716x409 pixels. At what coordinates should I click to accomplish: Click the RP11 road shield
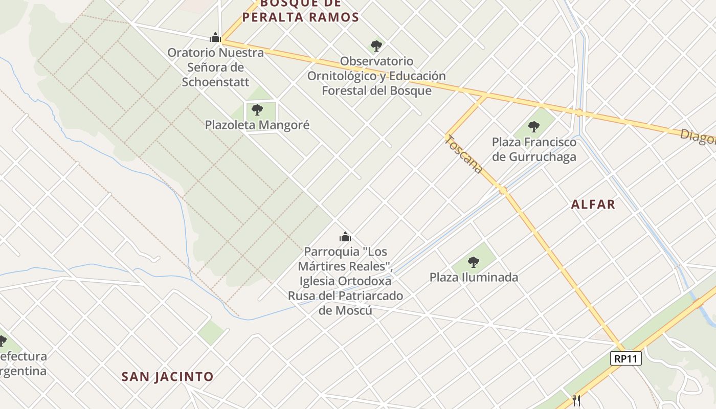point(626,358)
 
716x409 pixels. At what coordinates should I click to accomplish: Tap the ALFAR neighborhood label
point(593,204)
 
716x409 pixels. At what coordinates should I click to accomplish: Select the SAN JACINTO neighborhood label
point(167,377)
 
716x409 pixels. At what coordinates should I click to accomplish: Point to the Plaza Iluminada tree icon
point(474,262)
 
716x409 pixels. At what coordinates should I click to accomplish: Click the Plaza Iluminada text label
point(474,278)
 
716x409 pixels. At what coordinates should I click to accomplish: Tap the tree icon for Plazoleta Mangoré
point(257,109)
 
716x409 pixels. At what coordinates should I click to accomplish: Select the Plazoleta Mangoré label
point(257,125)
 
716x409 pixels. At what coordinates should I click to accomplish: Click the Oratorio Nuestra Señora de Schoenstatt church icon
point(215,37)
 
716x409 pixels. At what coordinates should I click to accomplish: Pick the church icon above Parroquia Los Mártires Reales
point(345,237)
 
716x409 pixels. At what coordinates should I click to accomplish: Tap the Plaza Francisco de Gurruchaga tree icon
point(533,127)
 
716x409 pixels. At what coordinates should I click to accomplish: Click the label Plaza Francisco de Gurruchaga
point(534,149)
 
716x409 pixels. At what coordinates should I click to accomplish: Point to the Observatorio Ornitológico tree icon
point(376,46)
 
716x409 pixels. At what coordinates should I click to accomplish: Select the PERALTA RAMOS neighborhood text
point(301,17)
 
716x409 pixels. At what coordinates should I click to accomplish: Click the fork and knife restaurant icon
point(576,400)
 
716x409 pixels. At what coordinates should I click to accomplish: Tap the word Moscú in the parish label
point(345,310)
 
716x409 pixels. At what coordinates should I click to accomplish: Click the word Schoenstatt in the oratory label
point(215,82)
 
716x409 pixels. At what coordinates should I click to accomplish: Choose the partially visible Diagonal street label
point(698,137)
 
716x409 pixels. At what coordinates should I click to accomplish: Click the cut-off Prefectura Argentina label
point(23,363)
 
